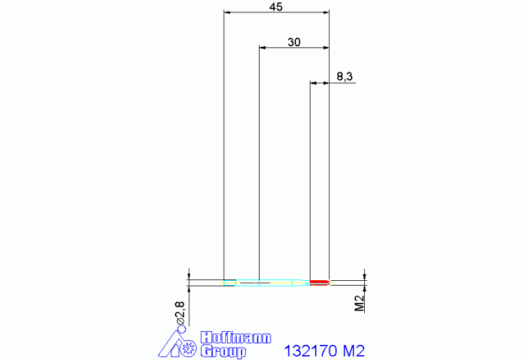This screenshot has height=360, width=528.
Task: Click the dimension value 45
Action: point(276,7)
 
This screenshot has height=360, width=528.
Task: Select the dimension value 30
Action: point(294,42)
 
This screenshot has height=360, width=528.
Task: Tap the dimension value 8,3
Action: point(345,76)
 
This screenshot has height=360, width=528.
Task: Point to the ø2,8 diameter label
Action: point(180,314)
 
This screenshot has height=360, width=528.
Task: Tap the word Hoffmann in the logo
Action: point(235,339)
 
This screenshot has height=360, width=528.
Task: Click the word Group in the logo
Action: point(223,352)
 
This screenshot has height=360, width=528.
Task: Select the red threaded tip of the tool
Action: point(319,282)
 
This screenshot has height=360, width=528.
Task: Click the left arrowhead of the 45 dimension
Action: point(228,12)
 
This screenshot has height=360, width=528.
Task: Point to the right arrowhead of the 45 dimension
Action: point(326,12)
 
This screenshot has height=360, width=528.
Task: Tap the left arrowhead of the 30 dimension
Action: point(262,47)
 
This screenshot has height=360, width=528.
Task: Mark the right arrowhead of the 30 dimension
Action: point(326,47)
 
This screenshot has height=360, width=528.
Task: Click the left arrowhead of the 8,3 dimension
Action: point(313,83)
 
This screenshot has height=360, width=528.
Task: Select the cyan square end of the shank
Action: point(229,282)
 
